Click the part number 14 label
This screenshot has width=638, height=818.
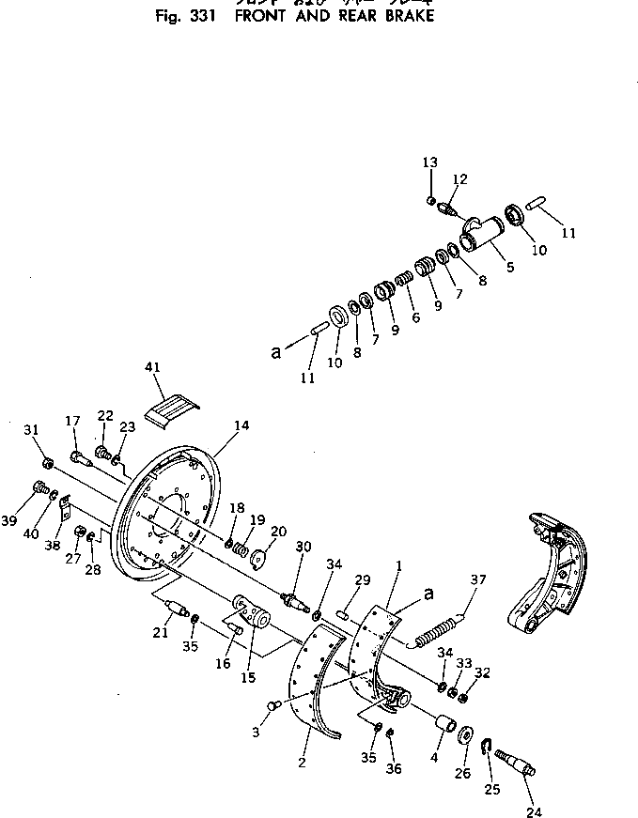coord(241,425)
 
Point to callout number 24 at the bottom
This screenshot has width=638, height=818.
coord(535,813)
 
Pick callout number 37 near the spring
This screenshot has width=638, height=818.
coord(479,579)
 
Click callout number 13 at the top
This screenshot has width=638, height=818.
coord(429,162)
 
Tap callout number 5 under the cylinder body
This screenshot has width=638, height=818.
coord(510,267)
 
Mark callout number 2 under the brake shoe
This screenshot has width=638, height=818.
coord(301,764)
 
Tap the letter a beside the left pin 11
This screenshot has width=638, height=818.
coord(275,353)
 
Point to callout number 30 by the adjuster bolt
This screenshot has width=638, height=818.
coord(303,548)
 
